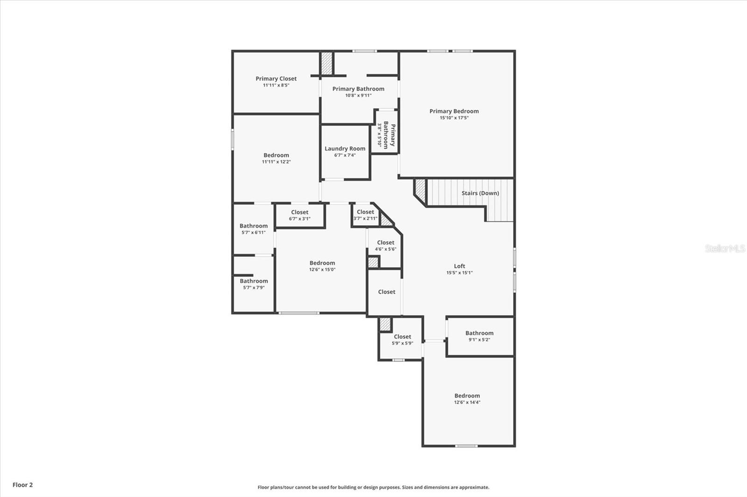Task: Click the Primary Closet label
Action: coord(276,79)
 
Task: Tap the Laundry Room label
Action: coord(345,149)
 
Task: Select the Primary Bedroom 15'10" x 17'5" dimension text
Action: coord(454,118)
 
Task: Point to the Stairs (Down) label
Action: coord(480,193)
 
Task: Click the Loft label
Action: coord(459,266)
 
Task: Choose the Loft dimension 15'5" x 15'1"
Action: coord(459,273)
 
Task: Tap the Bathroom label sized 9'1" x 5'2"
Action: coord(479,333)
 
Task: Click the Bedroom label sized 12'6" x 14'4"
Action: coord(467,396)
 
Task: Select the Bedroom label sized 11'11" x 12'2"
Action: coord(276,155)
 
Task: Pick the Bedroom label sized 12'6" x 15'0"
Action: coord(322,263)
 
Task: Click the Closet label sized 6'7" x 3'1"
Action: coord(299,212)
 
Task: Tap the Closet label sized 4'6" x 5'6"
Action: coord(385,242)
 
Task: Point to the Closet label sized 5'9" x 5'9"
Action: coord(402,337)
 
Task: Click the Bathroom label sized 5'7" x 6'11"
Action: coord(254,226)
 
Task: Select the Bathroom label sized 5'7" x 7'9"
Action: coord(254,281)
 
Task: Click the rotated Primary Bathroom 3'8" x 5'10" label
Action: coord(387,135)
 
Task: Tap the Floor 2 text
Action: coord(22,485)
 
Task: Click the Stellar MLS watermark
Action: coord(725,248)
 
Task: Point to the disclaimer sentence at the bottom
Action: coord(373,487)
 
